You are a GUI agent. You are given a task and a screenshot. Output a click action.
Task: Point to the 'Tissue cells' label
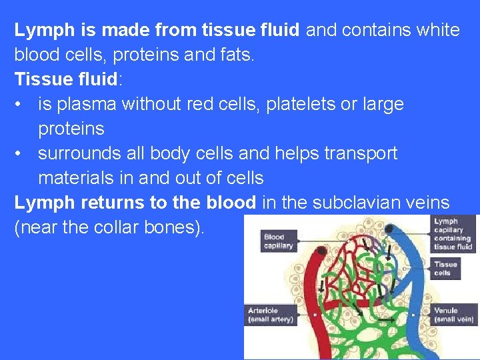[446, 268]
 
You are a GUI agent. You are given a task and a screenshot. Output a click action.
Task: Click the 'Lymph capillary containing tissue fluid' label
[453, 233]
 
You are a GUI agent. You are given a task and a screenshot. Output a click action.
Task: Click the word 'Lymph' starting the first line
[37, 31]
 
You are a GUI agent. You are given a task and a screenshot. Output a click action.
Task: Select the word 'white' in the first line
[437, 31]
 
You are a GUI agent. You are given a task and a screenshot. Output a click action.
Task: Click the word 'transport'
[361, 153]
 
